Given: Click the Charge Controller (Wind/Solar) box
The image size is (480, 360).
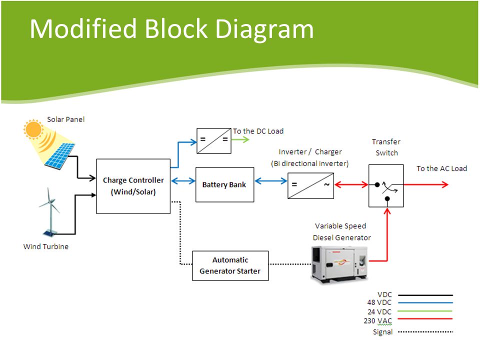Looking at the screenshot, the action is coord(133,186).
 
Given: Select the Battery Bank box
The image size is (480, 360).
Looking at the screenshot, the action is coord(224,184).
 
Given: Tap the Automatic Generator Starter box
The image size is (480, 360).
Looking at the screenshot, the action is coord(230,265).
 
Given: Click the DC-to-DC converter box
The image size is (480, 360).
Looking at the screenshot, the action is coord(213,141).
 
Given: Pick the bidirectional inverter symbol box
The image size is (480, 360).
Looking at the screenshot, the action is coord(310,185).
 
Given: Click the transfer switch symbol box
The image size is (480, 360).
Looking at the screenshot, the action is coord(386,185).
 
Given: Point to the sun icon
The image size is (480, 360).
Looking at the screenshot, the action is coord(33,129).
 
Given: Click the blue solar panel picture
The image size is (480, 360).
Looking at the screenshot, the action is coord(59,156).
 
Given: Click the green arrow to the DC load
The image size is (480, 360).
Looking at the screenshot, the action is coord(240,139).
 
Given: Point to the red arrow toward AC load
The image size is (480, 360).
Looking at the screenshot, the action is coord(426,184).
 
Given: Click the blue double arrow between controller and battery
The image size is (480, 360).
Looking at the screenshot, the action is coord(183,181).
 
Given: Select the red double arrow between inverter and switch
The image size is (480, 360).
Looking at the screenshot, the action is coord(351,184).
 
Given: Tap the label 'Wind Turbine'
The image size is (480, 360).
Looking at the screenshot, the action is coord(46,246).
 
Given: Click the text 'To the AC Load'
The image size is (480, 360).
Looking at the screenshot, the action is coord(441,168).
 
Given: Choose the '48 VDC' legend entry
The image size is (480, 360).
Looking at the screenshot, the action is coord(379,302).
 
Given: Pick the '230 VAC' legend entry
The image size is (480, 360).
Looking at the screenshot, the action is coord(378,321).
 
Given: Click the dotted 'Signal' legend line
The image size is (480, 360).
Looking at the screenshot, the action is coord(425,332).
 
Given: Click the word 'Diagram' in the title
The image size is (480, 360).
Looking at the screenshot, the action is coord(264,29).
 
